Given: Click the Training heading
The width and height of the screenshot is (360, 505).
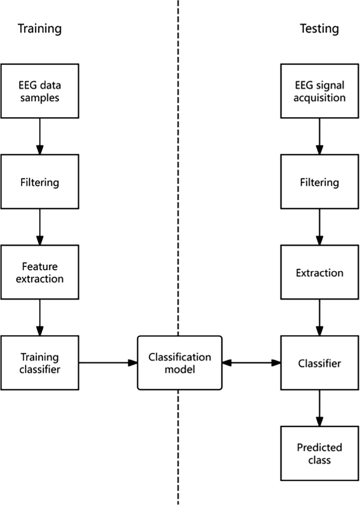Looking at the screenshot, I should pos(39,28).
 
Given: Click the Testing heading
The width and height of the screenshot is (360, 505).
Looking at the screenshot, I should pos(319,28).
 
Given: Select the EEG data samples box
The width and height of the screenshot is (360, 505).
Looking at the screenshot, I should pos(40,91).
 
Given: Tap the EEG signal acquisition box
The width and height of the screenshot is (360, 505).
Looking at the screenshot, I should pos(320,91).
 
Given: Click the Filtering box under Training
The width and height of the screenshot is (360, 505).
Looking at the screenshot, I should pos(40,182).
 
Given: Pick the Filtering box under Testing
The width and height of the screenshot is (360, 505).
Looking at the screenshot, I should pos(320,182).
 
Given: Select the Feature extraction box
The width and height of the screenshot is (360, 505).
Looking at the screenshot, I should pos(40,272).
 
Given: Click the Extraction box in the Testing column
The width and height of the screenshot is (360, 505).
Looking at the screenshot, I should pos(320,272).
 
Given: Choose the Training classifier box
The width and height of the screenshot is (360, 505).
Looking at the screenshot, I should pos(40,363).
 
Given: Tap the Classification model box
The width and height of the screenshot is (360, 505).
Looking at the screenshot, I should pos(179,363).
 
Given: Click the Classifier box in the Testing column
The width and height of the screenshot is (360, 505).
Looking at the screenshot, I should pos(320,363).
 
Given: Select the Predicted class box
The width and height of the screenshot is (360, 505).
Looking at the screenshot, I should pos(320,453).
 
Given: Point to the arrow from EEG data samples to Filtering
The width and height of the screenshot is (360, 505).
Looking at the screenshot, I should pos(40,136).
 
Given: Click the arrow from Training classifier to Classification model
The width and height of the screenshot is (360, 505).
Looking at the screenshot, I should pos(108,363).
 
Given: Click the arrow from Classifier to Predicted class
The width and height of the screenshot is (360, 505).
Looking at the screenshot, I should pos(320,408).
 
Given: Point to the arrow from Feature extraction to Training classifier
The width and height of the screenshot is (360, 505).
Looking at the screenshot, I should pos(40,317).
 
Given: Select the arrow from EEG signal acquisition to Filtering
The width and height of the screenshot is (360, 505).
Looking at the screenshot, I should pos(320,136).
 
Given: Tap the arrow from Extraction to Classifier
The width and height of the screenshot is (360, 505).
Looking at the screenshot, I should pos(320,317).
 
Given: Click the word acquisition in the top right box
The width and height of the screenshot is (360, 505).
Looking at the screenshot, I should pos(320,98).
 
